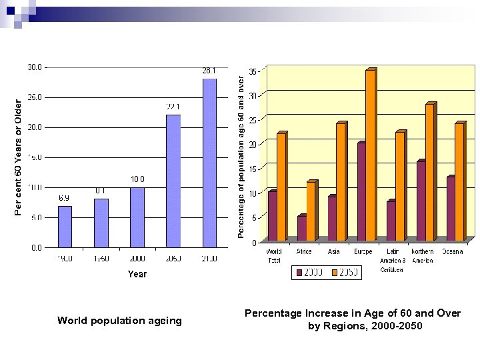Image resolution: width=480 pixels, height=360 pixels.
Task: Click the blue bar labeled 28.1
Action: [x=209, y=163]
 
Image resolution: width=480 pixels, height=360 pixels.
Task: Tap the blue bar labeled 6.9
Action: [x=65, y=226]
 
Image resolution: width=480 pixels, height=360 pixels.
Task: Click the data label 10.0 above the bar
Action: [x=137, y=179]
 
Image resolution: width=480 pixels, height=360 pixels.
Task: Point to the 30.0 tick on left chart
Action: [x=34, y=67]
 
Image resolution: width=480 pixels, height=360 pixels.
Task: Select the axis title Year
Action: [x=137, y=274]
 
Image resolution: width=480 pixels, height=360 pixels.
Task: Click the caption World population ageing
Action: [x=119, y=321]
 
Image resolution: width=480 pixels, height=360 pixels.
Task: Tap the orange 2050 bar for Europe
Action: [x=370, y=155]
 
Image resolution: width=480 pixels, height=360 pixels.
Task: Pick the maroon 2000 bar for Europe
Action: [x=361, y=191]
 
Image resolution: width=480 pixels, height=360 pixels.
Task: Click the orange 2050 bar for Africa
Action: [x=311, y=211]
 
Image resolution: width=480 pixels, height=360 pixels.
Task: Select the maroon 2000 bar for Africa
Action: [x=301, y=228]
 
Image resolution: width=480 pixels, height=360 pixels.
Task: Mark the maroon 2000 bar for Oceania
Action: [x=451, y=208]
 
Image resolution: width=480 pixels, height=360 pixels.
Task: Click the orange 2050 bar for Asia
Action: [x=341, y=181]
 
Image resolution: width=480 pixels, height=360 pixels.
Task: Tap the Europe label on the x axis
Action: [x=363, y=251]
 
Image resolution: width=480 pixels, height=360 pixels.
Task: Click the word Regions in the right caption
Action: [x=349, y=326]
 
